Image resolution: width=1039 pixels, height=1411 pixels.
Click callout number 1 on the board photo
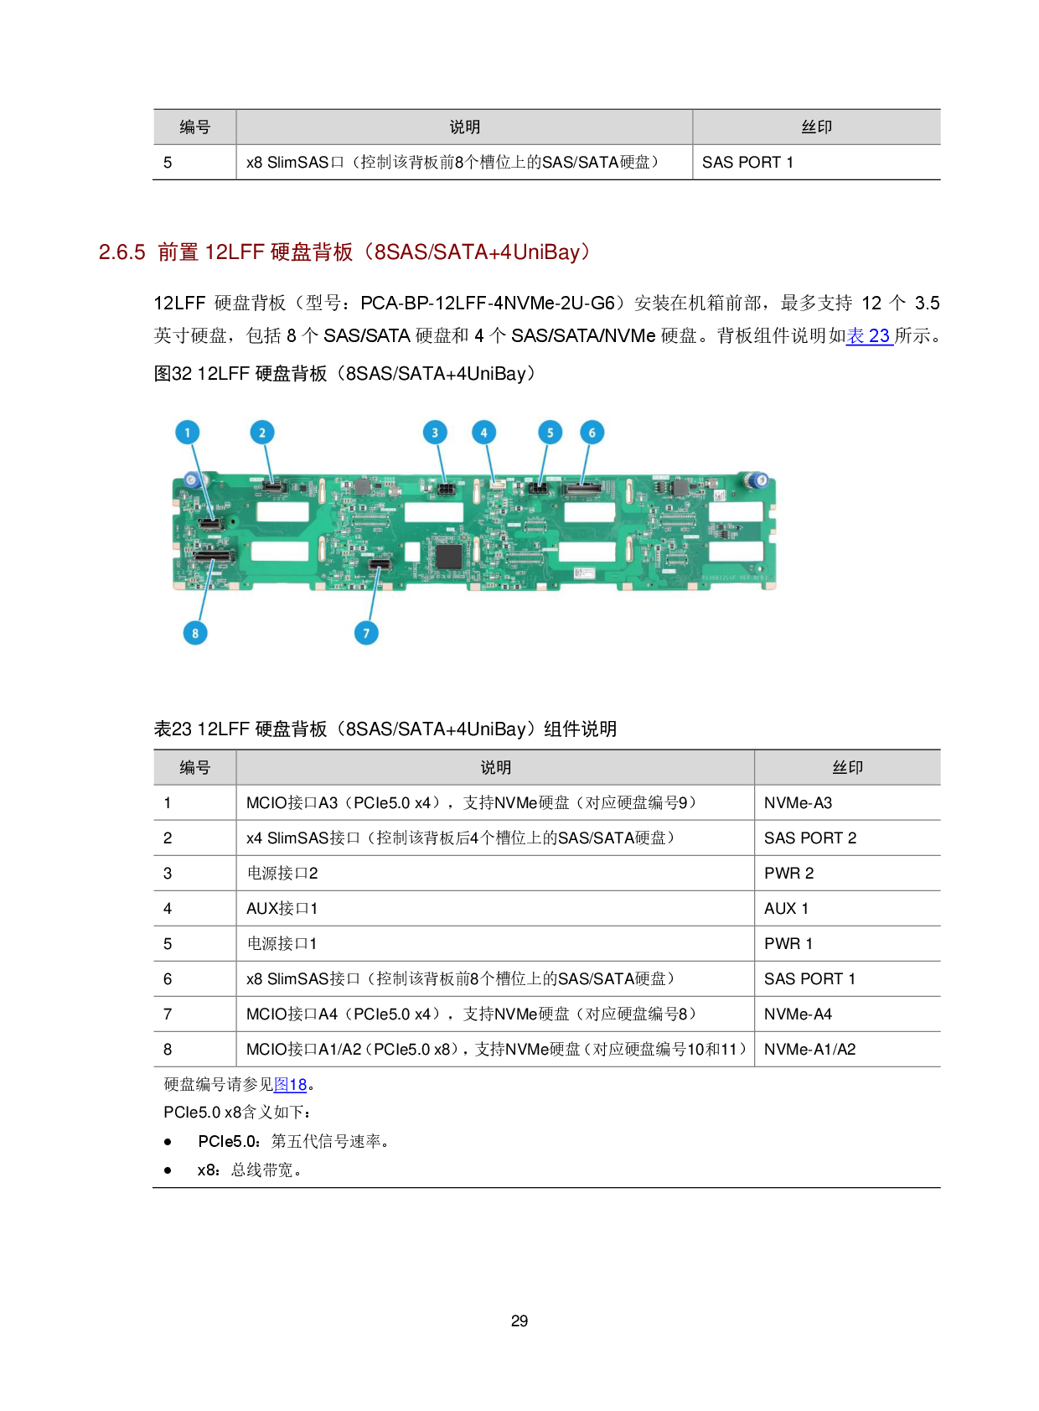(x=188, y=433)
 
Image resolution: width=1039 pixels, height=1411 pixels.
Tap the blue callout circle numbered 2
(x=262, y=433)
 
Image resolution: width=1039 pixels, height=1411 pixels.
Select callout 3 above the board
(x=435, y=433)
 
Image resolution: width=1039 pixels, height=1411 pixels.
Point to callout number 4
(x=483, y=433)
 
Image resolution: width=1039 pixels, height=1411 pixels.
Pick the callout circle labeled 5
(x=550, y=433)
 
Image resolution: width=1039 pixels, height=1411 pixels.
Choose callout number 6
(x=592, y=433)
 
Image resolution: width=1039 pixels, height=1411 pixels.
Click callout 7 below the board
(x=366, y=633)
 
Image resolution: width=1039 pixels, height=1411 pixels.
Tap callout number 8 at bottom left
(x=195, y=633)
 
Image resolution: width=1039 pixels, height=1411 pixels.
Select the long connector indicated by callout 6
(x=582, y=488)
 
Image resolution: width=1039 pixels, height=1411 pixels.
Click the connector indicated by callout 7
(x=380, y=564)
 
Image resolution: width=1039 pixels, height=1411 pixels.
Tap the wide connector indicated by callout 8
(x=213, y=556)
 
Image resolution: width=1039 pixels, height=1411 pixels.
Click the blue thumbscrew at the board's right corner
(x=757, y=480)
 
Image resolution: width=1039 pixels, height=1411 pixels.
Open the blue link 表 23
(x=869, y=336)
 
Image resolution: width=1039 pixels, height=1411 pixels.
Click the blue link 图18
(x=290, y=1085)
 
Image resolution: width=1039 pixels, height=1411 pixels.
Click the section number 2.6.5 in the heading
(x=122, y=252)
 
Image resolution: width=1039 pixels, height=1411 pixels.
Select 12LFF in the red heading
(x=235, y=252)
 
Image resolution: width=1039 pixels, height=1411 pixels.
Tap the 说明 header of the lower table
(x=495, y=768)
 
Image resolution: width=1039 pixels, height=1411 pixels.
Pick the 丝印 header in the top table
(x=816, y=127)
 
